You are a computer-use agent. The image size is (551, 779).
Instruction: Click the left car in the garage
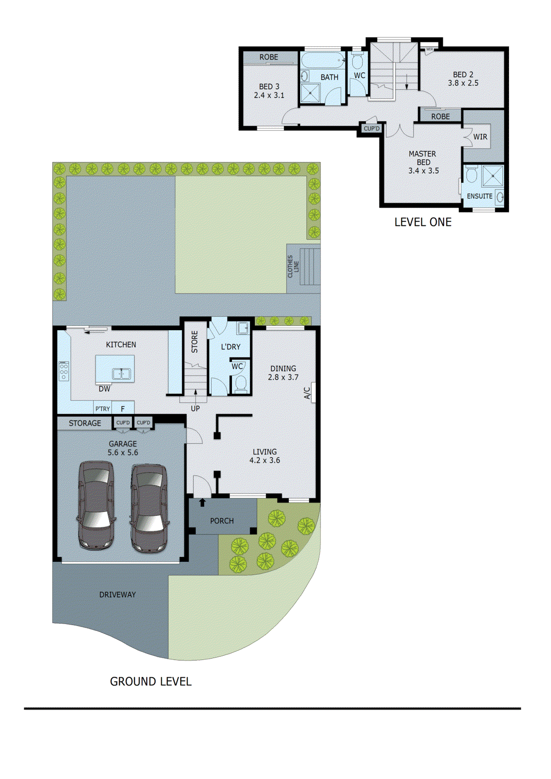click(x=96, y=505)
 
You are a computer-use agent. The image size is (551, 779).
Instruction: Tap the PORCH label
click(x=222, y=521)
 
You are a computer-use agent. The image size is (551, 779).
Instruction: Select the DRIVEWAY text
click(x=117, y=594)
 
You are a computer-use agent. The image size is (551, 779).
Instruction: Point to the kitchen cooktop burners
click(x=64, y=371)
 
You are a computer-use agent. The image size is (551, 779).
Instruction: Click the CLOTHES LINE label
click(x=293, y=266)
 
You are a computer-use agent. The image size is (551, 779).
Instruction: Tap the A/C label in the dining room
click(x=307, y=393)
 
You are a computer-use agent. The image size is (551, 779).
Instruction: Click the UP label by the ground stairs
click(x=195, y=408)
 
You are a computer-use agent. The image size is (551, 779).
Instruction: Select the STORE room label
click(x=194, y=342)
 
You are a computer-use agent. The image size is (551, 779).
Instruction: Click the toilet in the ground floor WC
click(x=240, y=383)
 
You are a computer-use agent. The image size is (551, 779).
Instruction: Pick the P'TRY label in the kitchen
click(x=102, y=409)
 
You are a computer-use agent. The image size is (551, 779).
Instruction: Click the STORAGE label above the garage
click(x=85, y=423)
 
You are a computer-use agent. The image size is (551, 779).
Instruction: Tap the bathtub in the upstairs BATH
click(x=322, y=61)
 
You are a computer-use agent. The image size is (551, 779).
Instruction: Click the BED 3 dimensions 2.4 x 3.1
click(x=269, y=95)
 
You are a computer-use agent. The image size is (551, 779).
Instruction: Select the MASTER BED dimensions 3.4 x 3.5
click(x=423, y=171)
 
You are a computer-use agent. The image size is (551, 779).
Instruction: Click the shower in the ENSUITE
click(x=493, y=176)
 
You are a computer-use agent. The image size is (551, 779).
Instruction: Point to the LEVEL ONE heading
click(x=422, y=222)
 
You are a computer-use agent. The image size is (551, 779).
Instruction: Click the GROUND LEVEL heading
click(x=151, y=682)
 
